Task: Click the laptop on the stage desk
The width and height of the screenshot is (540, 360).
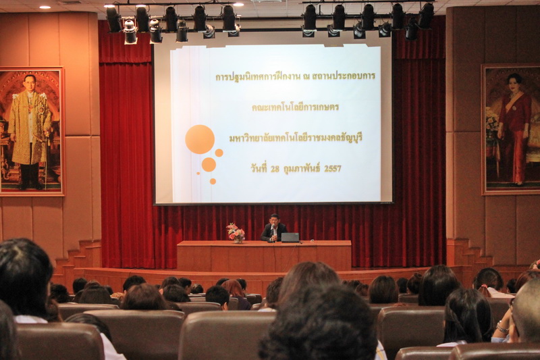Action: point(290,237)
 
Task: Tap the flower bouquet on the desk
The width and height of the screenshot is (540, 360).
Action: point(236,232)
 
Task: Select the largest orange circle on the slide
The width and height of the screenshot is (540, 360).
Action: point(200,139)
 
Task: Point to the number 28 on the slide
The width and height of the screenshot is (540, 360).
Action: point(275,169)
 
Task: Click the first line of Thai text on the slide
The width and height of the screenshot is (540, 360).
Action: point(295,76)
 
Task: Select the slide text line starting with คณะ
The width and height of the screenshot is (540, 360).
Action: point(295,107)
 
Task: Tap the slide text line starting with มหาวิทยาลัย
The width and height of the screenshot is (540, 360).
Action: point(296,138)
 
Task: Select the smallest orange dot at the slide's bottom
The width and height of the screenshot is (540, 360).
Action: point(198,174)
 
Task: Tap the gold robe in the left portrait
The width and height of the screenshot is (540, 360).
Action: point(30,128)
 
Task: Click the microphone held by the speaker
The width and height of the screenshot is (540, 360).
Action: point(273,228)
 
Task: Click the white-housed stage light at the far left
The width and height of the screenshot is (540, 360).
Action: point(130,32)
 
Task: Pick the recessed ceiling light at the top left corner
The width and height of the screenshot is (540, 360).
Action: point(45,7)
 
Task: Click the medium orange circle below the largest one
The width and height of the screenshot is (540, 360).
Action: point(209,165)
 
